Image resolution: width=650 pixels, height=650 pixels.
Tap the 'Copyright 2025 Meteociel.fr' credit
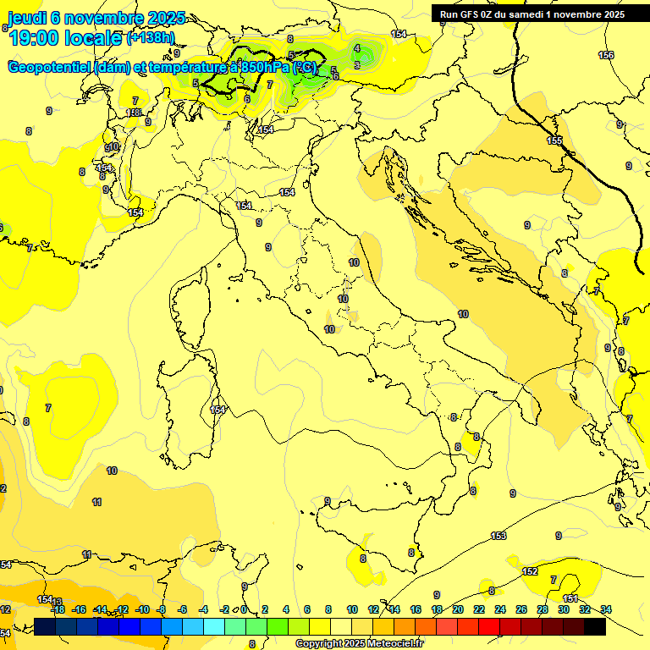coord(359,643)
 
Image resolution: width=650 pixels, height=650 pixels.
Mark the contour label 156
coord(606,55)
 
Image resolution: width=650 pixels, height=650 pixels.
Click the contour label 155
coord(554,140)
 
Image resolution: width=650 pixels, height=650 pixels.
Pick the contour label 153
coord(499,536)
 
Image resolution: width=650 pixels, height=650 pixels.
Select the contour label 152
coord(530,571)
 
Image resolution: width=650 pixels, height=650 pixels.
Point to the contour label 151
coord(570,598)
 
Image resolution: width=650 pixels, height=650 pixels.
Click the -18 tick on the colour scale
coord(58,609)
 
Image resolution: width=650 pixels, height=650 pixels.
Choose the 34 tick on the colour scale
coord(606,609)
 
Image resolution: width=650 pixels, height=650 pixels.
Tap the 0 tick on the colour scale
coord(244,609)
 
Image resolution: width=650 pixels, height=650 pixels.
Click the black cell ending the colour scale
coord(595,626)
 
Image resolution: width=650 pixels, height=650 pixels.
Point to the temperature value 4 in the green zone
coord(357,48)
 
